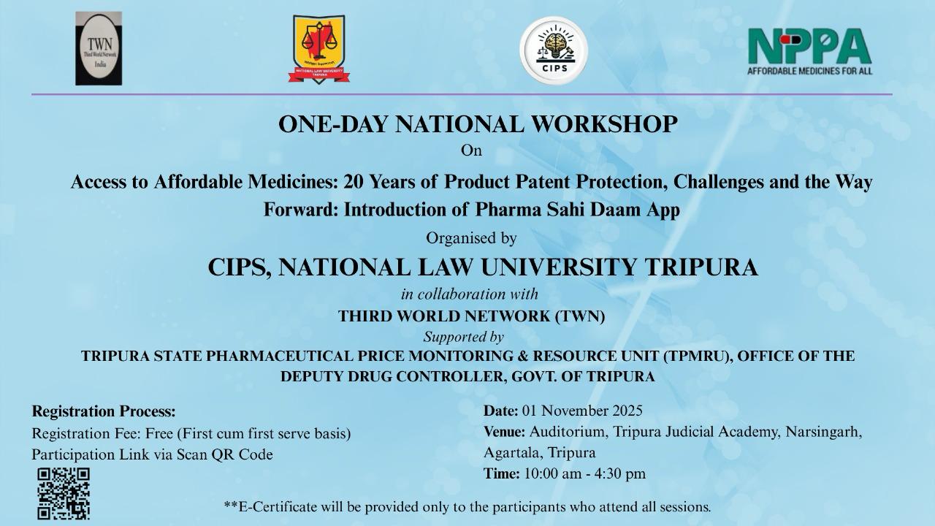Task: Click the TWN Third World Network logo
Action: (99, 48)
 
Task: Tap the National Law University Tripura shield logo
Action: (319, 49)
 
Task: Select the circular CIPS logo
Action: (554, 50)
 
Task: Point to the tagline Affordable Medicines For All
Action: (810, 71)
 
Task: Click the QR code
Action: (64, 493)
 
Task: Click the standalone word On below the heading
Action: (471, 150)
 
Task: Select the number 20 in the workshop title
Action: (354, 182)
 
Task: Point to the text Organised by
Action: (471, 238)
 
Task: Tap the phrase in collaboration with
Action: (470, 294)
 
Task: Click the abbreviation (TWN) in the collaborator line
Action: (580, 316)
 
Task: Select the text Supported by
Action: (464, 337)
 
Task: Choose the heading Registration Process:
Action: (104, 411)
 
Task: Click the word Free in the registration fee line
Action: (159, 434)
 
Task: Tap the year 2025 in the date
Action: (627, 411)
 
